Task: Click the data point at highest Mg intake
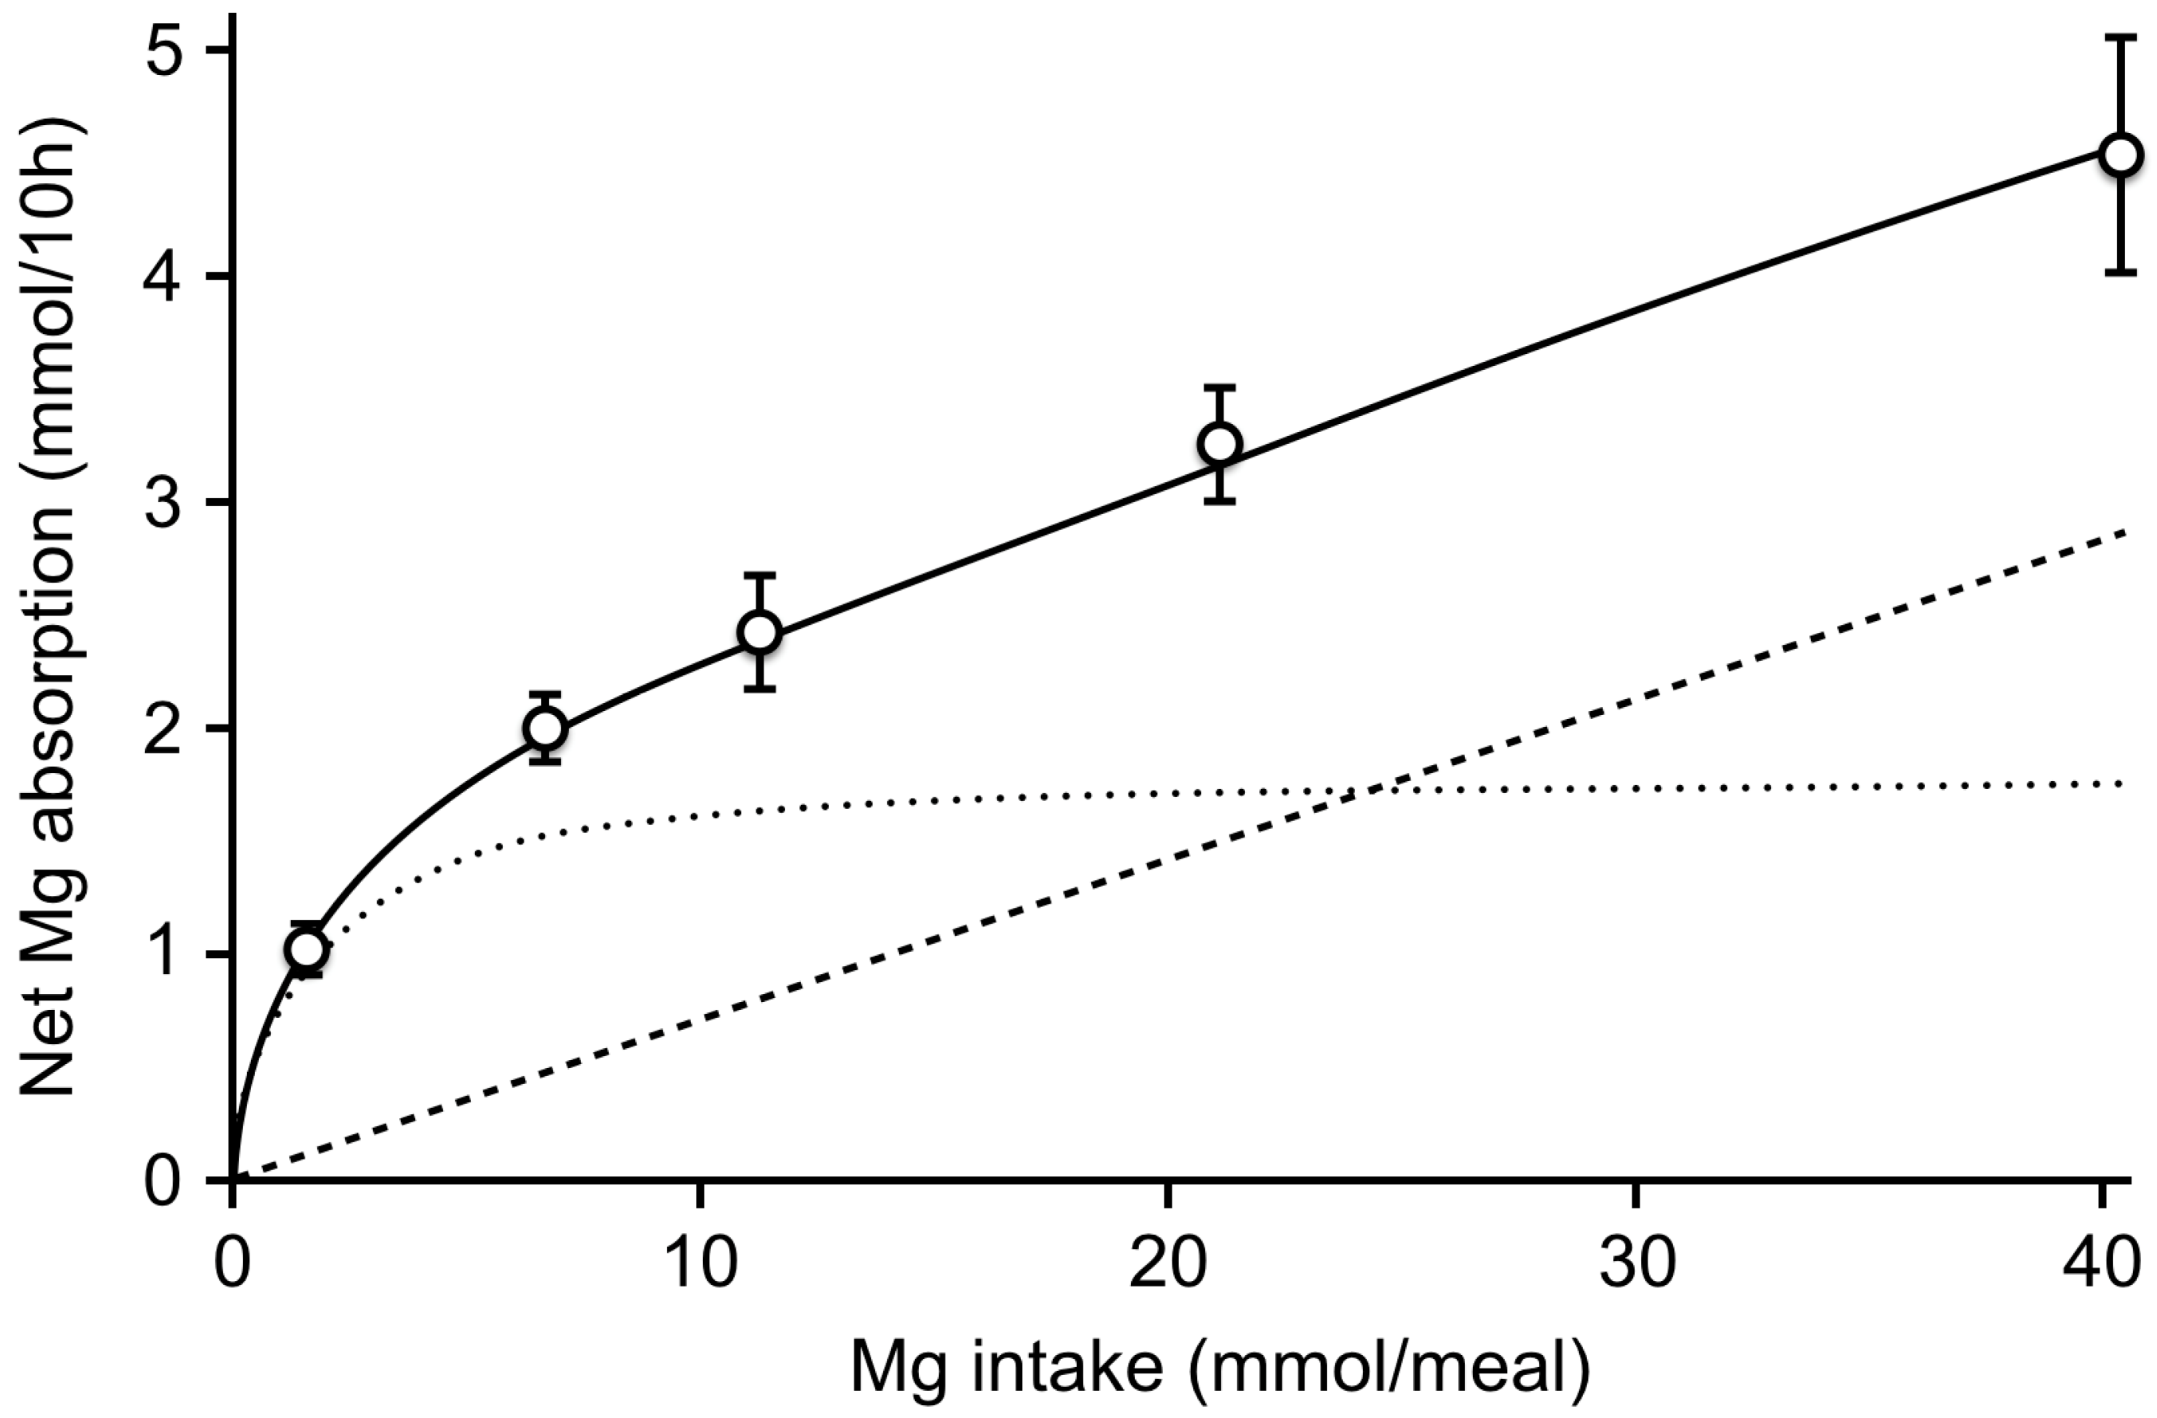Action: click(2121, 155)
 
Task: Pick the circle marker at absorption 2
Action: click(544, 728)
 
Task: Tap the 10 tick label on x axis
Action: click(701, 1265)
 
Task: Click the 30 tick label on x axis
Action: click(1636, 1265)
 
